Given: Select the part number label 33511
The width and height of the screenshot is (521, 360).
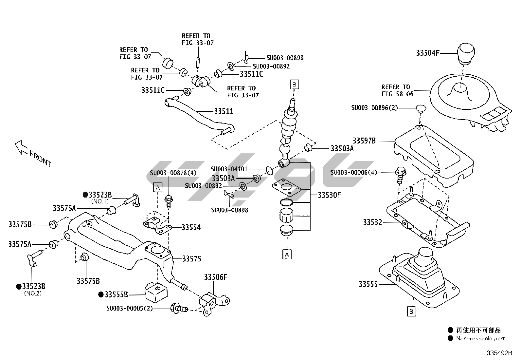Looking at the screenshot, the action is (x=224, y=111).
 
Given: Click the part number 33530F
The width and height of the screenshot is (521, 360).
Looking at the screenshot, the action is (x=329, y=195).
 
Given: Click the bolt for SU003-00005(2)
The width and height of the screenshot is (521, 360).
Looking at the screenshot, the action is (x=179, y=308).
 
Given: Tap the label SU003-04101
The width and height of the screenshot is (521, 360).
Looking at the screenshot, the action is (x=229, y=169).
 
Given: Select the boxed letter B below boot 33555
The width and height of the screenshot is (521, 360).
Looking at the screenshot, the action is (x=411, y=312).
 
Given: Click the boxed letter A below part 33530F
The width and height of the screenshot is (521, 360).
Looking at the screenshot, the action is (x=287, y=255).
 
